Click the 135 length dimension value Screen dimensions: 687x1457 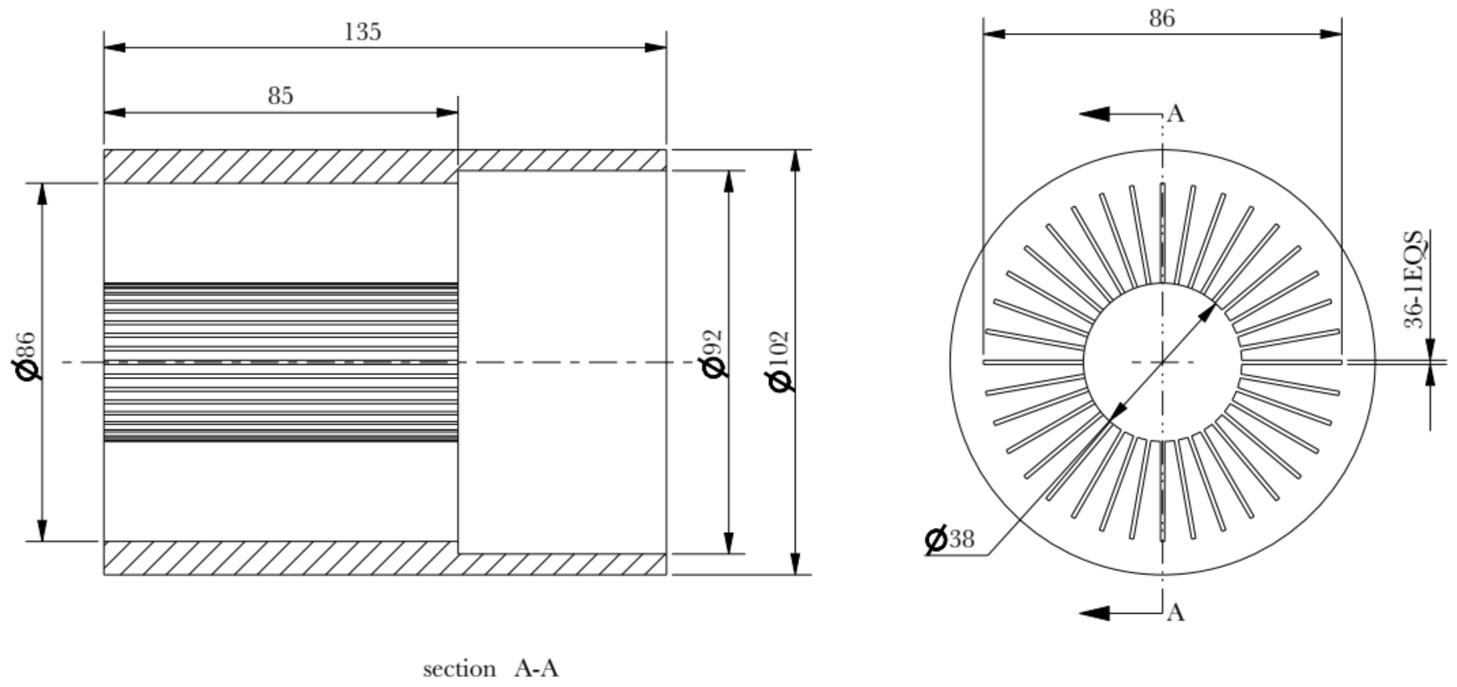click(x=362, y=32)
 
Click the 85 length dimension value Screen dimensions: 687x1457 click(x=281, y=96)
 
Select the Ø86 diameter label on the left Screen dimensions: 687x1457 click(x=26, y=356)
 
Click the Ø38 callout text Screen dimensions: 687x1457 click(x=950, y=540)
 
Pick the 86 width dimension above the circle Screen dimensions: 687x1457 click(x=1162, y=19)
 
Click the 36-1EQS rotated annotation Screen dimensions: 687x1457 click(x=1414, y=279)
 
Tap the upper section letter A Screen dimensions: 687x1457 click(x=1176, y=114)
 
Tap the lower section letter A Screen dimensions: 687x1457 click(x=1176, y=613)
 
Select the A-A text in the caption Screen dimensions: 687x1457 click(x=536, y=669)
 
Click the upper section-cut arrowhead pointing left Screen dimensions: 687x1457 click(x=1094, y=114)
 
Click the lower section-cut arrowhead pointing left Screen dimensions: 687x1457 click(x=1094, y=613)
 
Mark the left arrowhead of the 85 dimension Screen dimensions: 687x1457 click(x=115, y=112)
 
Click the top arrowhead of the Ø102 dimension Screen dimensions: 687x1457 click(x=795, y=161)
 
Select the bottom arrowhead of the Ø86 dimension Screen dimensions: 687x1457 click(x=42, y=530)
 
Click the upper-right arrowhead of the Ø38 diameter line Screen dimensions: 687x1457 click(x=1209, y=312)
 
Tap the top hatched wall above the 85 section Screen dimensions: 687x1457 click(x=280, y=166)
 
